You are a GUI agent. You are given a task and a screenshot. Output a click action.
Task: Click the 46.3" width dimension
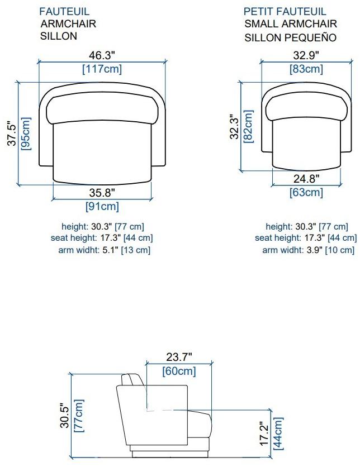tap(102, 55)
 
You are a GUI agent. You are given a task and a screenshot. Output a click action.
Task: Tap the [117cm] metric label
tap(102, 69)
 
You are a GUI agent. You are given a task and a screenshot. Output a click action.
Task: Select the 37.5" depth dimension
tap(12, 133)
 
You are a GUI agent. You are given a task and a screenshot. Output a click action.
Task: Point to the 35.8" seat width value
tap(102, 193)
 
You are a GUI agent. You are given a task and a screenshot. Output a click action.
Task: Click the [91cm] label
tap(102, 206)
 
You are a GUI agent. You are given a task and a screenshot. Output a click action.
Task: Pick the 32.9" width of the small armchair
tap(306, 55)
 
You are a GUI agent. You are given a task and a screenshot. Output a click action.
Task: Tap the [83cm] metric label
tap(306, 69)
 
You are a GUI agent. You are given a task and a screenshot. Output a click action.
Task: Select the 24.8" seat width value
tap(306, 179)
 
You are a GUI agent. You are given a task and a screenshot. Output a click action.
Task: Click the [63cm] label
tap(306, 192)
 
